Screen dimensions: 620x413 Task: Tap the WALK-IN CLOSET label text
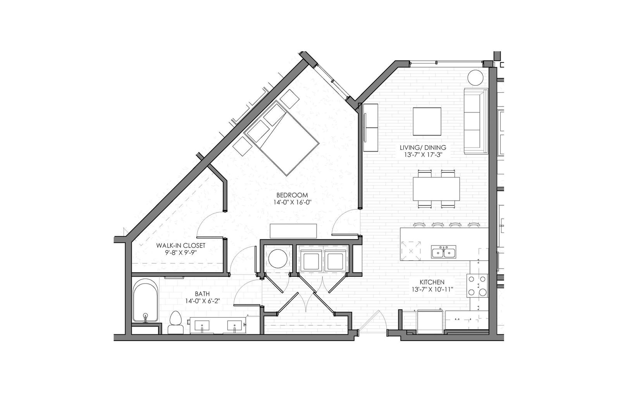(x=181, y=245)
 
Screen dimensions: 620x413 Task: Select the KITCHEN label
(x=432, y=282)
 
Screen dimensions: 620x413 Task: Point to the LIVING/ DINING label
(x=423, y=148)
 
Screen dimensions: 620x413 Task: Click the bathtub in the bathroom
(x=146, y=301)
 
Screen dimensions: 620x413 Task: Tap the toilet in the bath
(x=176, y=322)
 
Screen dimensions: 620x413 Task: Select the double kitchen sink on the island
(x=443, y=252)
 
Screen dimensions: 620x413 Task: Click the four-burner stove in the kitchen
(x=477, y=286)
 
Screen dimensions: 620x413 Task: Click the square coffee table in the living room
(x=427, y=122)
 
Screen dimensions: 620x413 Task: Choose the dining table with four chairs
(x=436, y=189)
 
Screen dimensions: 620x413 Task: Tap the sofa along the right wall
(x=476, y=121)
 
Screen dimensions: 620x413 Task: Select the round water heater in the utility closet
(x=278, y=258)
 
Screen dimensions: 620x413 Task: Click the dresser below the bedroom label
(x=293, y=231)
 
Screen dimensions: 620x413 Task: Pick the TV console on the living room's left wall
(x=370, y=127)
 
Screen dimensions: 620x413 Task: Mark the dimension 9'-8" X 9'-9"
(x=181, y=253)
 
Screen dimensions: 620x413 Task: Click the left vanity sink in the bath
(x=202, y=325)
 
